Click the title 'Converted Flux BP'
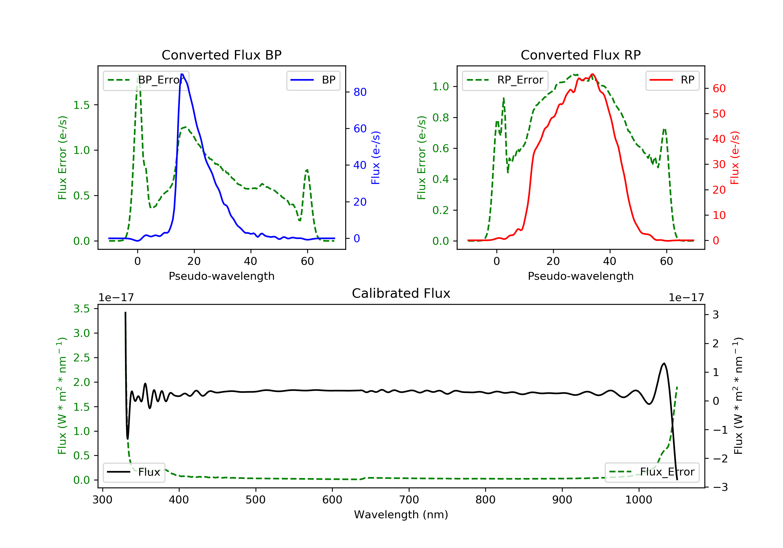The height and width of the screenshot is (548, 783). [x=222, y=55]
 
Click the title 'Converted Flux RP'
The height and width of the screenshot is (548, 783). [x=581, y=55]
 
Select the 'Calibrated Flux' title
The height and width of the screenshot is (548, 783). [x=401, y=293]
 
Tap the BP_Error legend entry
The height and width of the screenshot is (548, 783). [x=146, y=80]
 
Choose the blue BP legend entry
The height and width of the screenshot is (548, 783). [x=313, y=80]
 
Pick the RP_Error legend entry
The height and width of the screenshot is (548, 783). [x=505, y=80]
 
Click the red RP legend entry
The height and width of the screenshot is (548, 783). [x=672, y=80]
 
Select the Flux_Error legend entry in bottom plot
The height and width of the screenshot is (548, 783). [x=652, y=472]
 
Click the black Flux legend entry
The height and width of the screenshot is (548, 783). [x=134, y=472]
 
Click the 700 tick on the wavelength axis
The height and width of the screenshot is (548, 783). [x=409, y=500]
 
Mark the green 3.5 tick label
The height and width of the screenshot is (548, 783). [x=81, y=309]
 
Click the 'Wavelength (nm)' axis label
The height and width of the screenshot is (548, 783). [x=401, y=515]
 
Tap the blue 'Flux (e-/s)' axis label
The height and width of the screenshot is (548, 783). [x=376, y=158]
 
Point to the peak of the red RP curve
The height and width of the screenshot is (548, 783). [x=593, y=74]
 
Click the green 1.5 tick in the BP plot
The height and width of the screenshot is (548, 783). [x=81, y=105]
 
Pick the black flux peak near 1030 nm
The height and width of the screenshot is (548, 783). [x=664, y=364]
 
